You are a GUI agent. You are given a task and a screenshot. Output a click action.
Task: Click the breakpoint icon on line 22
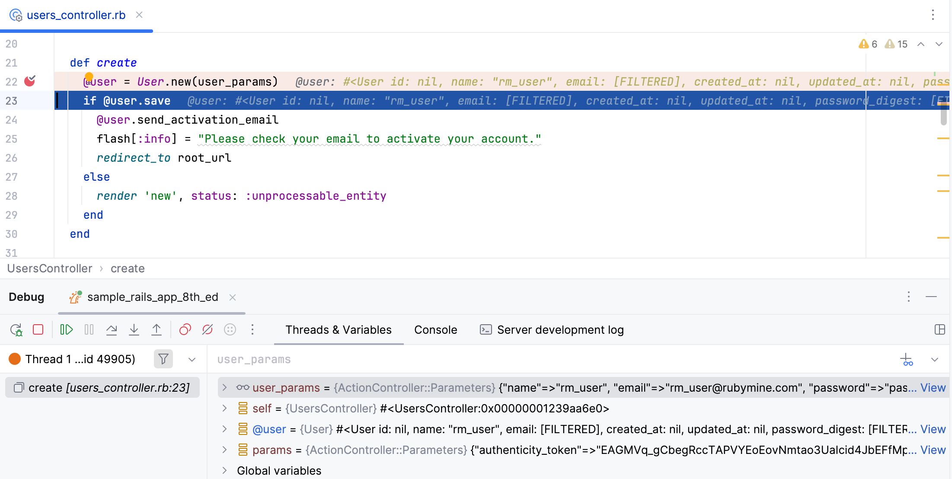click(x=30, y=81)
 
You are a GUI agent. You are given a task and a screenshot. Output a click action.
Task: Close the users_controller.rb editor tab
click(x=139, y=15)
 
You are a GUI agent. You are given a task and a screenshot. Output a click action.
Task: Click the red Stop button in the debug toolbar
click(x=38, y=330)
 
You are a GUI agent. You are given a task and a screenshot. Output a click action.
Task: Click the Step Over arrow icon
click(x=112, y=330)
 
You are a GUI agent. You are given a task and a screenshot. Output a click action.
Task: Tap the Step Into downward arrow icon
click(x=134, y=330)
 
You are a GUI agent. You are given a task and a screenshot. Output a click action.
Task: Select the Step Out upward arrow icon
click(x=157, y=330)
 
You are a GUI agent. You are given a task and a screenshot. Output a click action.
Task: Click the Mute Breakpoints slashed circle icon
click(x=208, y=330)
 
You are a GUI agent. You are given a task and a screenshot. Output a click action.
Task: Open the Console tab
click(x=435, y=330)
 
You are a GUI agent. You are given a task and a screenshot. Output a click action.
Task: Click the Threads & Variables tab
click(x=339, y=330)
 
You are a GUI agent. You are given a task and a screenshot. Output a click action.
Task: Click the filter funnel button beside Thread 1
click(x=163, y=359)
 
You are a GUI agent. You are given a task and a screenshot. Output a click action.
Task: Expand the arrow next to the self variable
click(x=224, y=408)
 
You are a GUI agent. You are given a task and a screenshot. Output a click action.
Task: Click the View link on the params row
click(x=933, y=450)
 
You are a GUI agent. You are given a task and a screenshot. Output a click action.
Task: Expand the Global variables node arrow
click(x=224, y=470)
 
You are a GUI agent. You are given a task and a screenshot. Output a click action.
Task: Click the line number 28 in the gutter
click(x=11, y=196)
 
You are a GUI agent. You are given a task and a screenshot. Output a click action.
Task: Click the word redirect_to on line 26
click(x=134, y=158)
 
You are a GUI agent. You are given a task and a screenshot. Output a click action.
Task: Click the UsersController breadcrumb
click(x=50, y=268)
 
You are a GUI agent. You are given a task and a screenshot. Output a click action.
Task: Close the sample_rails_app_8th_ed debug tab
click(x=233, y=297)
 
